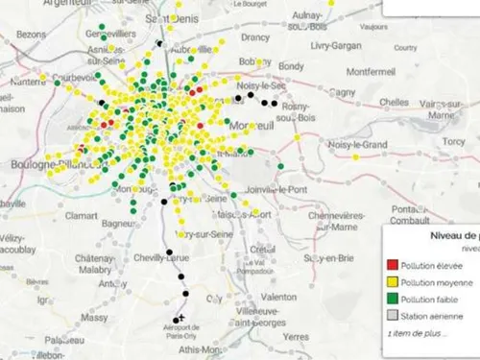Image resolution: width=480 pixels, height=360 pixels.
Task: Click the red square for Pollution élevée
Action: [x=392, y=264]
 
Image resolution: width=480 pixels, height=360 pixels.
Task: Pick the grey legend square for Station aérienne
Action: [x=392, y=315]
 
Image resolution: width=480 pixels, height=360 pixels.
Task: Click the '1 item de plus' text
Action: [x=415, y=332]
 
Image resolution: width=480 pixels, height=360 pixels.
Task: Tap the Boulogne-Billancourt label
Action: [x=44, y=165]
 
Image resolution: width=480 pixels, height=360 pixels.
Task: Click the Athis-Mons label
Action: [x=196, y=351]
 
